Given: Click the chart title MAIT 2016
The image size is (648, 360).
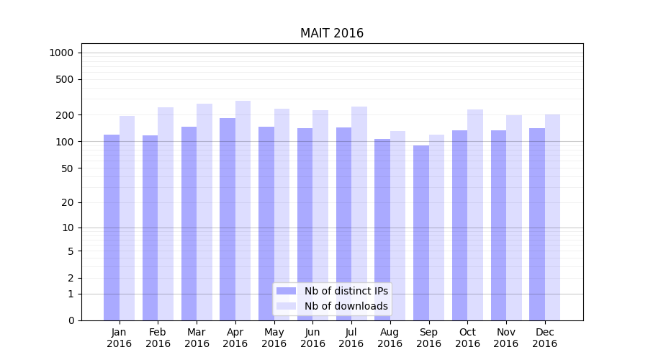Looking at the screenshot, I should (x=332, y=34).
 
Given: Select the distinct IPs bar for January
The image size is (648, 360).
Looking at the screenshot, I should (x=112, y=227).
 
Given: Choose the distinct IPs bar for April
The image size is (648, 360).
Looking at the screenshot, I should (x=228, y=219).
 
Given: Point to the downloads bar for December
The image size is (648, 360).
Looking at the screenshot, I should (x=553, y=217).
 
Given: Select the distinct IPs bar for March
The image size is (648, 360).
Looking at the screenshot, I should (x=189, y=223).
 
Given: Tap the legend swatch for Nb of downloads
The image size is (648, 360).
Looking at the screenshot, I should (x=287, y=306).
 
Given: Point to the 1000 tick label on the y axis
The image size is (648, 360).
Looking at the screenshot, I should (x=61, y=53).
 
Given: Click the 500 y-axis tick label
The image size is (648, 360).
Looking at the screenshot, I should (x=65, y=79).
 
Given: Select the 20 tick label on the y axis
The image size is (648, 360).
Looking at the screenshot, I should (x=67, y=202).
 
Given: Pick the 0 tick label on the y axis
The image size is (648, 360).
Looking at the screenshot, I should (x=71, y=320).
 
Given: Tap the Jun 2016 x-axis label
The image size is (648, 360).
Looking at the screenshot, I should (x=312, y=338).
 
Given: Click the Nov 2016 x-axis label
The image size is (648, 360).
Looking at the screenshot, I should (x=506, y=338).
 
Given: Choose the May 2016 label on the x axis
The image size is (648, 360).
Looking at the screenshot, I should (x=274, y=338).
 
